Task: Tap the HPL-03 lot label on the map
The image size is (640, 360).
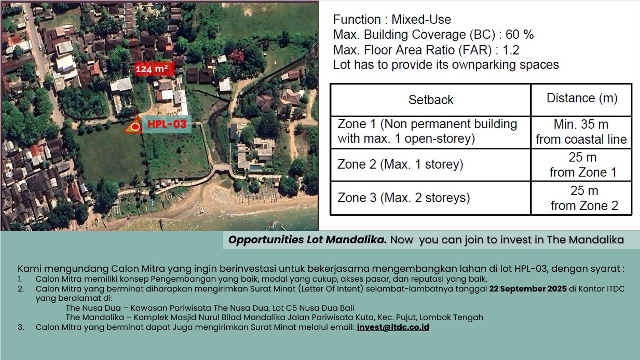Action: [167, 124]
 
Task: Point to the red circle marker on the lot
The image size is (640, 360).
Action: [135, 127]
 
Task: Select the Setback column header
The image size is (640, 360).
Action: [431, 100]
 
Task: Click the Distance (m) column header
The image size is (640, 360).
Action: [582, 98]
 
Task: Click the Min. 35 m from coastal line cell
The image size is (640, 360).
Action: [581, 132]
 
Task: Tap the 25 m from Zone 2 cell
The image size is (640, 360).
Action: [584, 198]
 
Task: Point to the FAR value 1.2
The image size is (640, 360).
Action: [511, 50]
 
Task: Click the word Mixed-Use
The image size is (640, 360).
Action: [421, 19]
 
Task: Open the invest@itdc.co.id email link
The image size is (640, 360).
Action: [393, 327]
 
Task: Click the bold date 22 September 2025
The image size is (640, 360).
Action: [528, 288]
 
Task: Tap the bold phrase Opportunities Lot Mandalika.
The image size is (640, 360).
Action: [307, 240]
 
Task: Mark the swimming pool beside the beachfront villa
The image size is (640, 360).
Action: [255, 168]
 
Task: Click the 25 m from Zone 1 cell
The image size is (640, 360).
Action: [583, 165]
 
